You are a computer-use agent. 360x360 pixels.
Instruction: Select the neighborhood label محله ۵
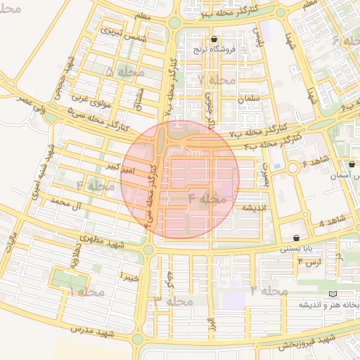pos(125,71)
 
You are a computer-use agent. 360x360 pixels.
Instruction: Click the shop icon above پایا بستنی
pos(295,238)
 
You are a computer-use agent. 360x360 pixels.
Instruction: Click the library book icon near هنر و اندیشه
pos(333,293)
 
